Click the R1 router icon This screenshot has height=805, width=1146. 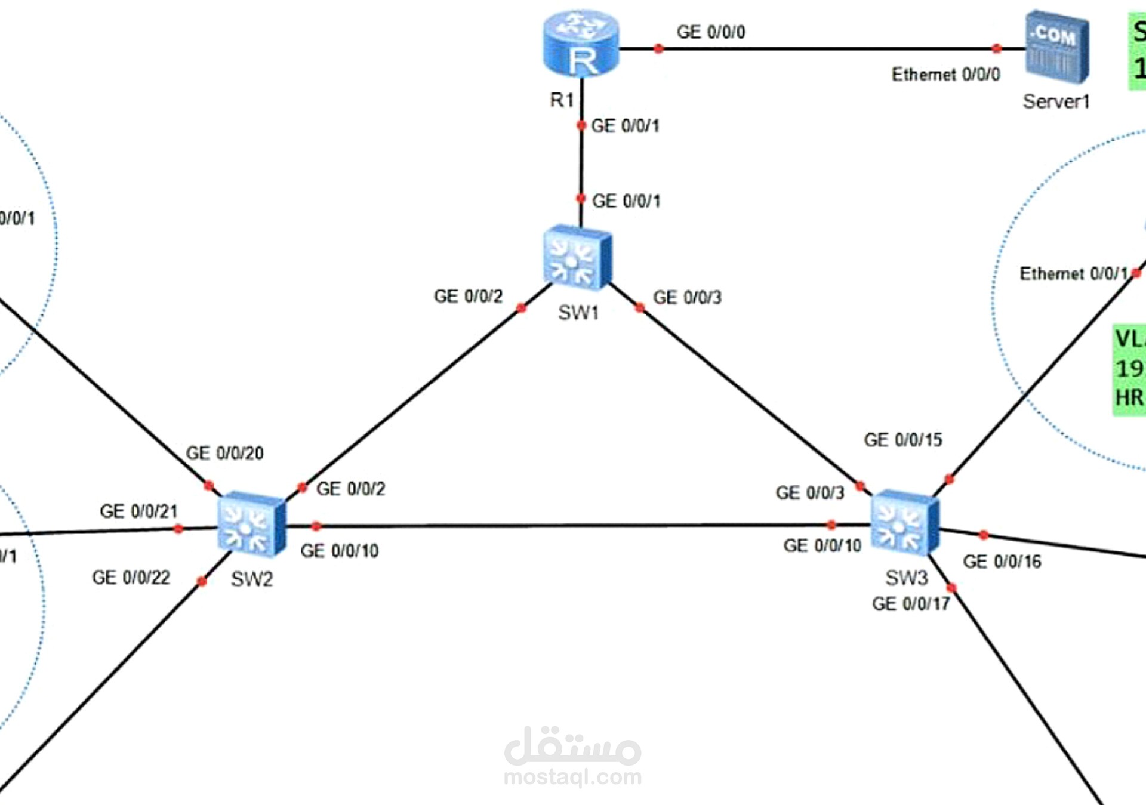pos(580,43)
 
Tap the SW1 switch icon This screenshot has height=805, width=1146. pos(577,257)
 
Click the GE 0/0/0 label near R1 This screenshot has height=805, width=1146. pos(710,32)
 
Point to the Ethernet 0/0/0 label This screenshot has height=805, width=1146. pos(945,75)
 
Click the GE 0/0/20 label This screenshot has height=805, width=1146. pos(224,453)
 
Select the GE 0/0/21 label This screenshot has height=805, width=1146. pos(138,511)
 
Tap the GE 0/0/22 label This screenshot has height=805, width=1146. pos(131,578)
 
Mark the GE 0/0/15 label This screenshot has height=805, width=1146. pos(902,440)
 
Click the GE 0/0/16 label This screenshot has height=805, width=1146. pos(1002,562)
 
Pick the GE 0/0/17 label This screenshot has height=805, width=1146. pos(910,604)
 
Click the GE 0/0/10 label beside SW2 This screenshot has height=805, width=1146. pos(339,551)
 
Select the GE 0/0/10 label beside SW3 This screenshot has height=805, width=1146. pos(822,545)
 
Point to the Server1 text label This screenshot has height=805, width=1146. pos(1056,102)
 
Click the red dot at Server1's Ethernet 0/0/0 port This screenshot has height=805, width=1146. pos(996,48)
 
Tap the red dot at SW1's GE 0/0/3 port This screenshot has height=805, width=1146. pos(640,308)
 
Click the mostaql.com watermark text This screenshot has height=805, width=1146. pos(572,777)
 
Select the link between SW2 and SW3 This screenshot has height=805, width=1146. pos(573,526)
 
